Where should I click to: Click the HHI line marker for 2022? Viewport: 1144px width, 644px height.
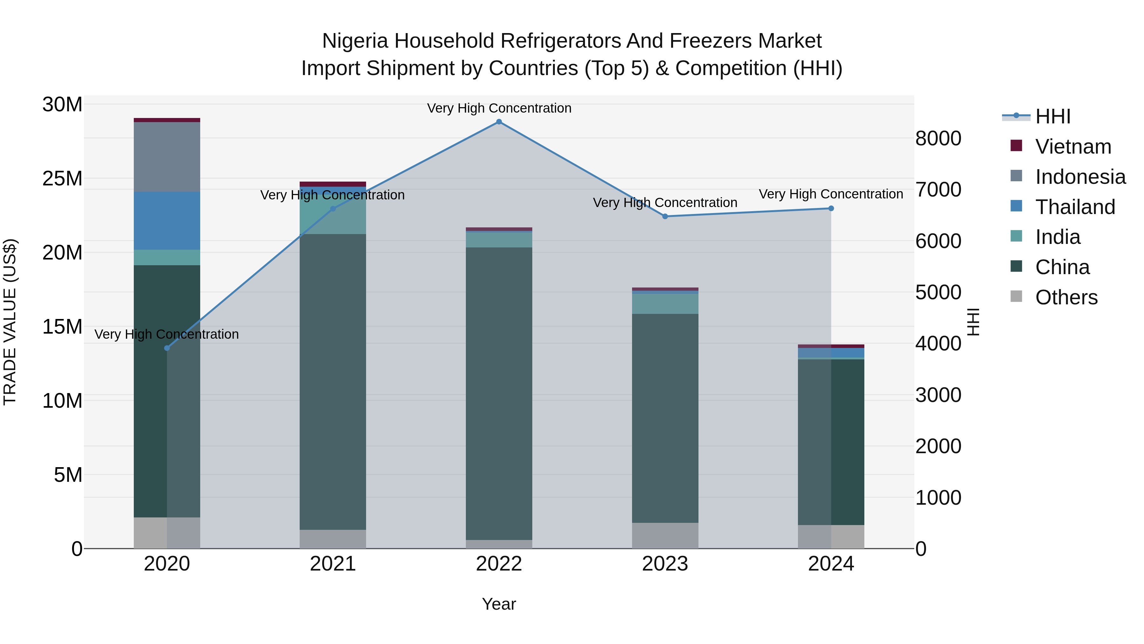(499, 122)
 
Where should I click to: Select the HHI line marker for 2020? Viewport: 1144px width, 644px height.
(167, 348)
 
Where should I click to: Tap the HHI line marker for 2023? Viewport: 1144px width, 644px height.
(665, 217)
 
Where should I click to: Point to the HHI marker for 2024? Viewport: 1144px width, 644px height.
(831, 208)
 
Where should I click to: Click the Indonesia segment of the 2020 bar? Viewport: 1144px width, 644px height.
(167, 156)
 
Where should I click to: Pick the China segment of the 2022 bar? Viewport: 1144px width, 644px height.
(499, 393)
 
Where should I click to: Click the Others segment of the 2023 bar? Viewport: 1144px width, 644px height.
(665, 535)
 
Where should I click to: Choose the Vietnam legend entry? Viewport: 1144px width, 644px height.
(1072, 147)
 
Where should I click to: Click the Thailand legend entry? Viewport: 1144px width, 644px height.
(1075, 207)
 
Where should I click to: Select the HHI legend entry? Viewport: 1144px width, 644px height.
(1052, 116)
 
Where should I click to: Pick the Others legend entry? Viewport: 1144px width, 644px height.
(1066, 297)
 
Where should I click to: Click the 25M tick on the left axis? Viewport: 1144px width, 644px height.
(62, 179)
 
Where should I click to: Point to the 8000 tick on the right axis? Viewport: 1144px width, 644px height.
(938, 138)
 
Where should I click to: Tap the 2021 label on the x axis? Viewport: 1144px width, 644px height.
(333, 564)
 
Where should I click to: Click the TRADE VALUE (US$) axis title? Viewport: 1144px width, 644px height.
(10, 322)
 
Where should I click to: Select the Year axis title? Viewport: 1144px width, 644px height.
(499, 604)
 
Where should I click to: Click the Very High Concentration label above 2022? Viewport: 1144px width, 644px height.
(499, 108)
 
